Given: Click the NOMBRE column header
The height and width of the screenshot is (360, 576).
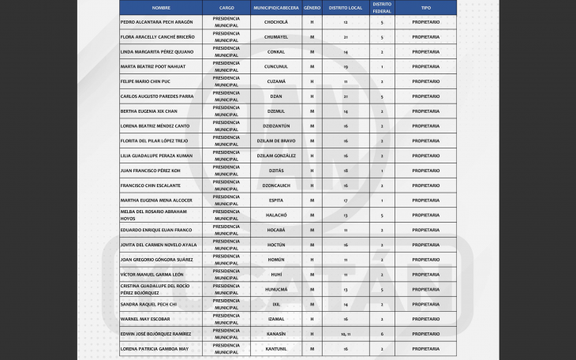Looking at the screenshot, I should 161,7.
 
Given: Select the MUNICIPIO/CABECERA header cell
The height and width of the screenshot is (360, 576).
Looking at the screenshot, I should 276,7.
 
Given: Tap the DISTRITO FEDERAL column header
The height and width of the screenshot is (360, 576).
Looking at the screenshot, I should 382,7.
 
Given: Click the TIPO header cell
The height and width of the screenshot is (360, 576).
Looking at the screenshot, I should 425,7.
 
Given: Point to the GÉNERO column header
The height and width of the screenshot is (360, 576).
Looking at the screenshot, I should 312,7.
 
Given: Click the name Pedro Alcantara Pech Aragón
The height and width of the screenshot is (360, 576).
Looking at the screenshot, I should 156,22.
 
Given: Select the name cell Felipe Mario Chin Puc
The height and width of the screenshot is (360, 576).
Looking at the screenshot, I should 145,81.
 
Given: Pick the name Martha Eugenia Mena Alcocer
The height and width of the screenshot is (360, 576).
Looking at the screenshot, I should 156,201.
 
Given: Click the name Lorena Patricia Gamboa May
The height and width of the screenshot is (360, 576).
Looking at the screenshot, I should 155,349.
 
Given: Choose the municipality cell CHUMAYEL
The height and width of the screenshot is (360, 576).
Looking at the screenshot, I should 276,37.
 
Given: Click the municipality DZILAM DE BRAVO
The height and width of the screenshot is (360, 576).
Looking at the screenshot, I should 276,141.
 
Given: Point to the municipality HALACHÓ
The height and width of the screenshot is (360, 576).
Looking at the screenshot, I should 276,216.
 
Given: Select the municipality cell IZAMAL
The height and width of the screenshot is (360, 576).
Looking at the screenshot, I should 276,319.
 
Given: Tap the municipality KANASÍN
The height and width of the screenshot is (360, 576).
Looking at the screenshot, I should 276,334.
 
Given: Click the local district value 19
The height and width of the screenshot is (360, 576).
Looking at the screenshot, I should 346,66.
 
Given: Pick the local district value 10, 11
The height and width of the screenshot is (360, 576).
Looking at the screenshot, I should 346,334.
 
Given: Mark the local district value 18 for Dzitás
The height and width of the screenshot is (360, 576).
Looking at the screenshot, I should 346,171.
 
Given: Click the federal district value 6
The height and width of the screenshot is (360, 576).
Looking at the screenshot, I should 382,334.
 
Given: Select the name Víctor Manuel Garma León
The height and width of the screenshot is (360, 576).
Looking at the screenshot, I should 152,275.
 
